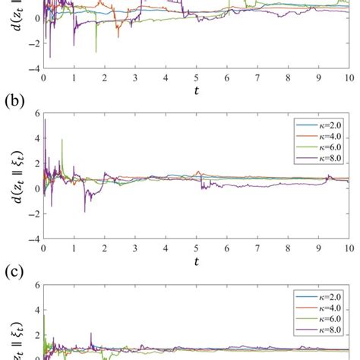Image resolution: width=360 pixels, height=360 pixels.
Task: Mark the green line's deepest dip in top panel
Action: click(x=96, y=52)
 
